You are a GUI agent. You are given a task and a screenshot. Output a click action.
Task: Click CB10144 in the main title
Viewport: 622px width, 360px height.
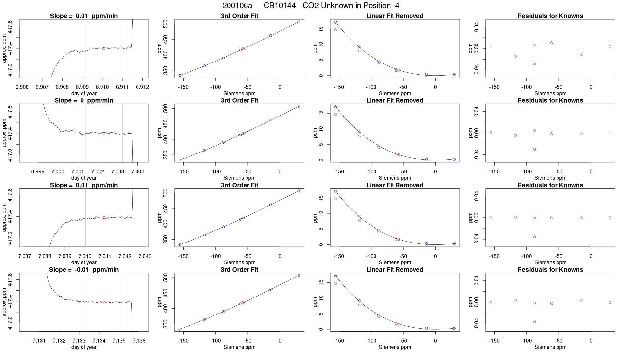pos(280,6)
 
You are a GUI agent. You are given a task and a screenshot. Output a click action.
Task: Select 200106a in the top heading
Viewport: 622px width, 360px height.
pos(237,6)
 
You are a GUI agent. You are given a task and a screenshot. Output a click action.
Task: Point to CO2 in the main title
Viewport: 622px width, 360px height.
pos(309,6)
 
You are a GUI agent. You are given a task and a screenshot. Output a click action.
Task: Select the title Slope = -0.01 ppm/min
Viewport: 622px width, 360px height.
pos(84,270)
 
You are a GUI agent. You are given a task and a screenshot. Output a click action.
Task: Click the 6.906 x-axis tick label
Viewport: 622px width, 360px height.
pos(22,87)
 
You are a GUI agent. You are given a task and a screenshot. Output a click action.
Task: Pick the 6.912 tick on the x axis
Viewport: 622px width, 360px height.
pos(142,87)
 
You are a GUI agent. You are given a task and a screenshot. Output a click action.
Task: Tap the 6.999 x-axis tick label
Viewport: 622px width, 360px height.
pos(38,171)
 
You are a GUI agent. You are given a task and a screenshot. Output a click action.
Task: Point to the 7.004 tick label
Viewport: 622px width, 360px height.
pos(137,171)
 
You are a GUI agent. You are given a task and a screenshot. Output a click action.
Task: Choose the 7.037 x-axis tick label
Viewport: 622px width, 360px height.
pos(25,256)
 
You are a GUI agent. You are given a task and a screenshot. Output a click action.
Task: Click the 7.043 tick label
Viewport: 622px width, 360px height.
pos(145,256)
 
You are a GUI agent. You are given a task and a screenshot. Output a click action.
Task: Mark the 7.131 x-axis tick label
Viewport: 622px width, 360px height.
pos(39,341)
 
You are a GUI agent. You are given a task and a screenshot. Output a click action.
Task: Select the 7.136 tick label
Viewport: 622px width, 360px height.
pos(139,341)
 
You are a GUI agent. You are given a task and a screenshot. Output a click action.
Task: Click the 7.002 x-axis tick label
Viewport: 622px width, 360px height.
pos(98,171)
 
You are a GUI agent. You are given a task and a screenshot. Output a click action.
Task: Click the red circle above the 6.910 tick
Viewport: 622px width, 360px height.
pos(104,48)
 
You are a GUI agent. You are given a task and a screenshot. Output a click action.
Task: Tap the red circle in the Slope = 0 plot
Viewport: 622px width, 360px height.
pos(104,133)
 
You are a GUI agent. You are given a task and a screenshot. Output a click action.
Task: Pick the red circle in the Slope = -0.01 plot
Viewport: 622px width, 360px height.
pos(104,302)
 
